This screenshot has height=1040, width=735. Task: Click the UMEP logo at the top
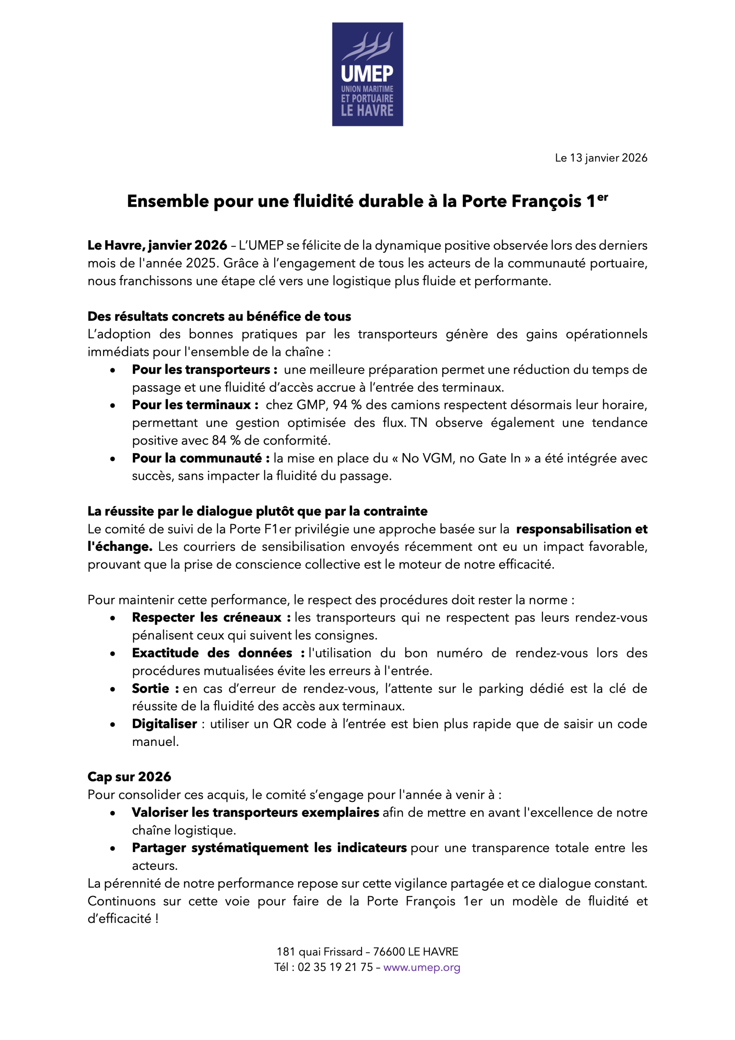point(367,74)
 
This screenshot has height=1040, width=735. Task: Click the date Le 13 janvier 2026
point(601,158)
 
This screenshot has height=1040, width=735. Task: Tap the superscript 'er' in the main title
point(602,197)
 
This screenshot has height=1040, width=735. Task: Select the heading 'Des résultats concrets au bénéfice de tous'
point(219,316)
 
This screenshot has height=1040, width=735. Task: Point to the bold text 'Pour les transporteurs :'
point(204,370)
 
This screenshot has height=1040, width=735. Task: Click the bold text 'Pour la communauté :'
point(201,458)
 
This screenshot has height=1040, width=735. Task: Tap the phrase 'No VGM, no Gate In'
point(461,458)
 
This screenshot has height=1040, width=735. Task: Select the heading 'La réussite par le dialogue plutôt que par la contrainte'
point(257,511)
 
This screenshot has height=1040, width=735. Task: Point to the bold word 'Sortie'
point(150,689)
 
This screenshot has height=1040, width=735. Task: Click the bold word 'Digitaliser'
point(165,724)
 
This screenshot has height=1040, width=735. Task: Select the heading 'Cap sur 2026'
point(129,777)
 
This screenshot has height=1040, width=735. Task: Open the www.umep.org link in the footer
point(421,968)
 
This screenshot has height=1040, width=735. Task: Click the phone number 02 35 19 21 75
point(335,968)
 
